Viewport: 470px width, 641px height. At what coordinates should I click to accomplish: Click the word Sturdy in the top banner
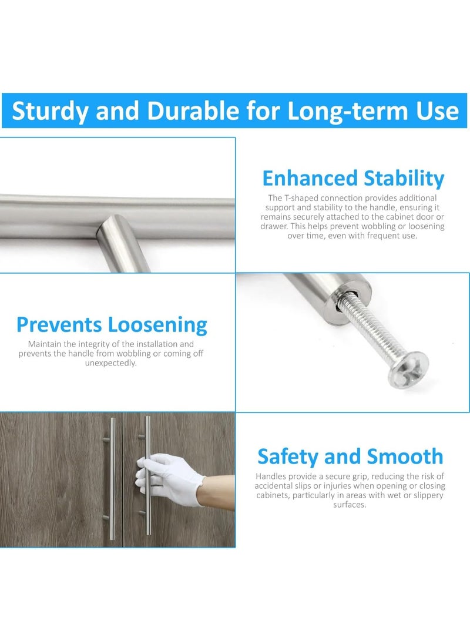tap(49, 110)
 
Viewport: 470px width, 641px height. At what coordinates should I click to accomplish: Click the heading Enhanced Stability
tap(353, 178)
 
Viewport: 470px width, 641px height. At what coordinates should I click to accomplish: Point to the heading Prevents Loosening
tap(112, 324)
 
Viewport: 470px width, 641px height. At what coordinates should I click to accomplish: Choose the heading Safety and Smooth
tap(350, 457)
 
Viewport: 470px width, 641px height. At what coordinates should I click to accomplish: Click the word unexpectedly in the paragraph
tap(111, 363)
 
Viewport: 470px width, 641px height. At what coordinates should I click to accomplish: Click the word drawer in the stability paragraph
tap(278, 226)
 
